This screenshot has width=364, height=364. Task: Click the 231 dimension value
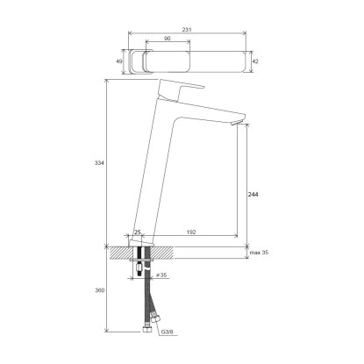coord(187,30)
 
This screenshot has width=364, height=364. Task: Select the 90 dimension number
coord(168,39)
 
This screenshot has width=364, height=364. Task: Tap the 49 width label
coord(119,61)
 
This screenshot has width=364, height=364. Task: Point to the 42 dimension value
coord(255,61)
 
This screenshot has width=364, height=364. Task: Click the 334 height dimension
coord(99,163)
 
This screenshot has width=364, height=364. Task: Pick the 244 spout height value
coord(253,195)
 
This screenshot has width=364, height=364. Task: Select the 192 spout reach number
coord(191,232)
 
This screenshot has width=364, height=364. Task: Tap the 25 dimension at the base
coord(138,232)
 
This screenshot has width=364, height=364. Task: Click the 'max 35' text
coord(259,253)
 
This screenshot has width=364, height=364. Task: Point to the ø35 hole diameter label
coord(161,275)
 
